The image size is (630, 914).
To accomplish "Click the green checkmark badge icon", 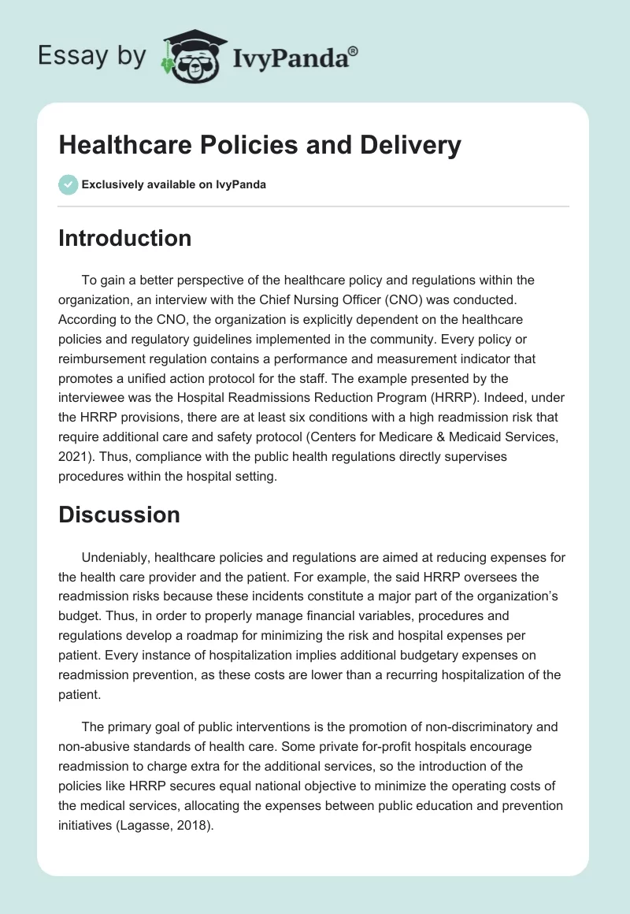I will (68, 184).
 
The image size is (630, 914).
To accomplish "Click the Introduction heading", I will (124, 238).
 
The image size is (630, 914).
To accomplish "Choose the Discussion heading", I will (119, 515).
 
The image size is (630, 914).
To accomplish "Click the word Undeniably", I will (119, 557).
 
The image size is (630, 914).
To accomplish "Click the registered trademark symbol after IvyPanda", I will (354, 50).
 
